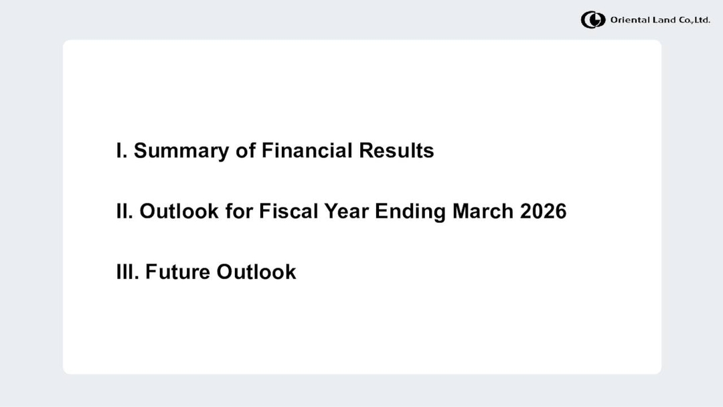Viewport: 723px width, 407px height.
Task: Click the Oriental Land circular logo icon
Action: click(592, 20)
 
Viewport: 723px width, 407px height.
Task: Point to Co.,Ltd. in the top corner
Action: click(694, 20)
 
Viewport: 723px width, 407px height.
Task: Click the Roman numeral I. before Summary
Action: click(122, 151)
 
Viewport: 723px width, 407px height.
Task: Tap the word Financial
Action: click(307, 151)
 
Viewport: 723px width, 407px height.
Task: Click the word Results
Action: click(396, 151)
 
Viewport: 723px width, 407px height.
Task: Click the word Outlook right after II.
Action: click(179, 212)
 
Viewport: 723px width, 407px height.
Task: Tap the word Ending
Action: click(410, 212)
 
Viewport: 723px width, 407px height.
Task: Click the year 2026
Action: click(544, 212)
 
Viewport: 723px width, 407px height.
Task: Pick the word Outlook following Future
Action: click(256, 272)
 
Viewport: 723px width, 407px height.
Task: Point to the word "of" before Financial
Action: click(245, 151)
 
